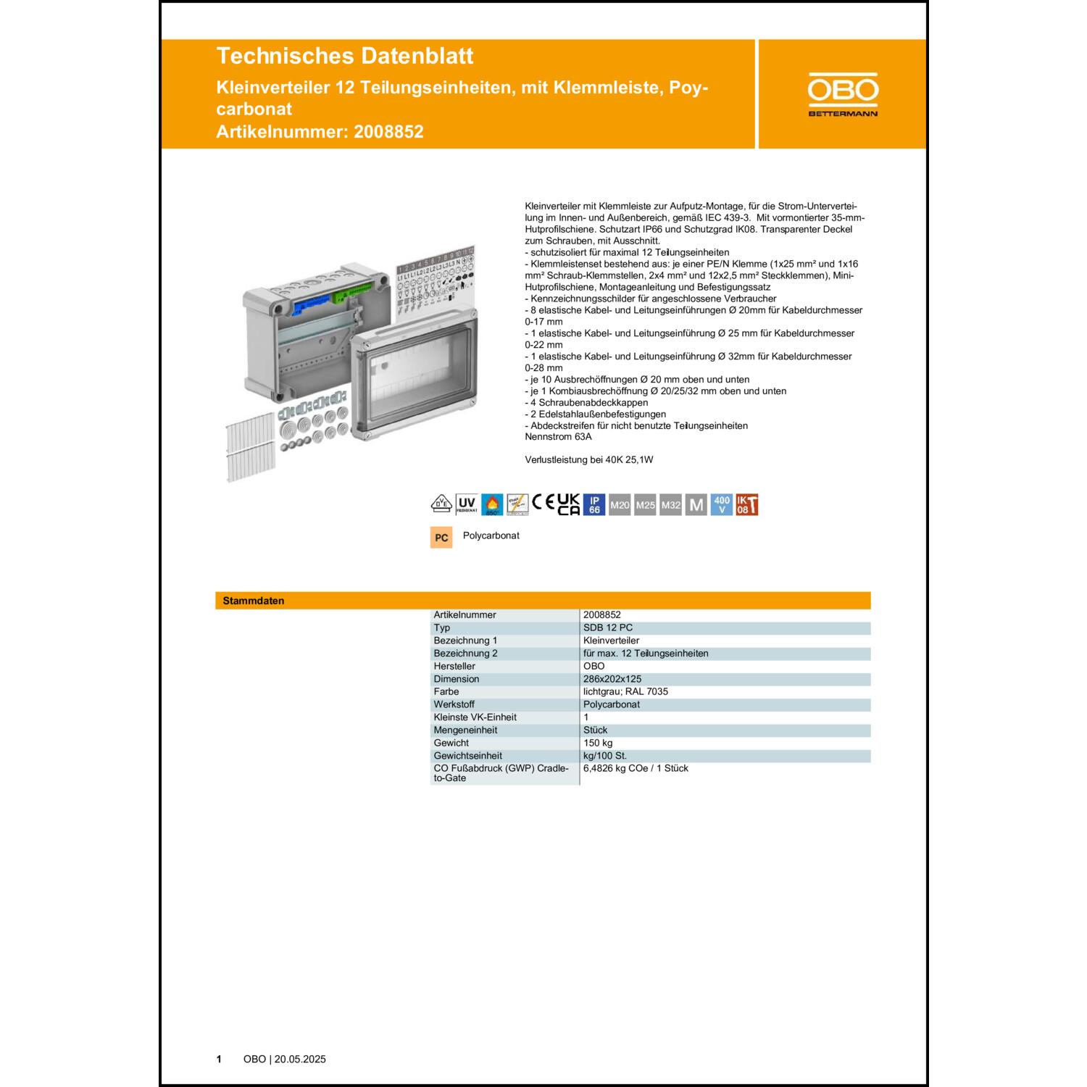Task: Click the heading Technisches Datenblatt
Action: (x=344, y=56)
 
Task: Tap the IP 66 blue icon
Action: (x=594, y=504)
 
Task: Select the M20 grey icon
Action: (x=620, y=505)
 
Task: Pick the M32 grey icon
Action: (x=671, y=505)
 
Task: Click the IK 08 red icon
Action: (x=746, y=504)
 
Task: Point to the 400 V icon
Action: (x=722, y=504)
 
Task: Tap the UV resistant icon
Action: (x=467, y=504)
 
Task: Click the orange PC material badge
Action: (x=441, y=537)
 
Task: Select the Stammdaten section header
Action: (x=254, y=601)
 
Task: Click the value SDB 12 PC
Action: (x=607, y=628)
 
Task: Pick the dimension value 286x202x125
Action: (x=612, y=679)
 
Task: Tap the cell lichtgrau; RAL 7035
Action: (x=625, y=691)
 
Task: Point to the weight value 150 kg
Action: (x=598, y=743)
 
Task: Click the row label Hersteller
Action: (x=454, y=666)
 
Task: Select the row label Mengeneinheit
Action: (x=465, y=730)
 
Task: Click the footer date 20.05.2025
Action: (x=300, y=1059)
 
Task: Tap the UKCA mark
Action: (x=568, y=504)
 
